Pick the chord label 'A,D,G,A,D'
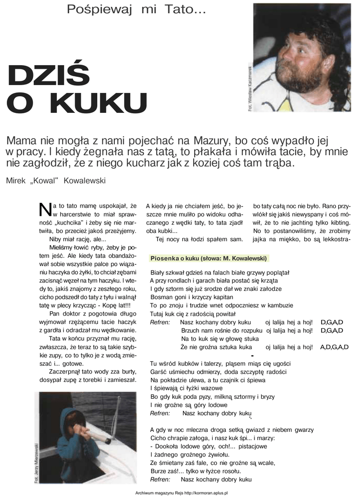click(x=334, y=347)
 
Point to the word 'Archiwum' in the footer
click(x=145, y=493)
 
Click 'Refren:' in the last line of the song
click(x=160, y=479)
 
